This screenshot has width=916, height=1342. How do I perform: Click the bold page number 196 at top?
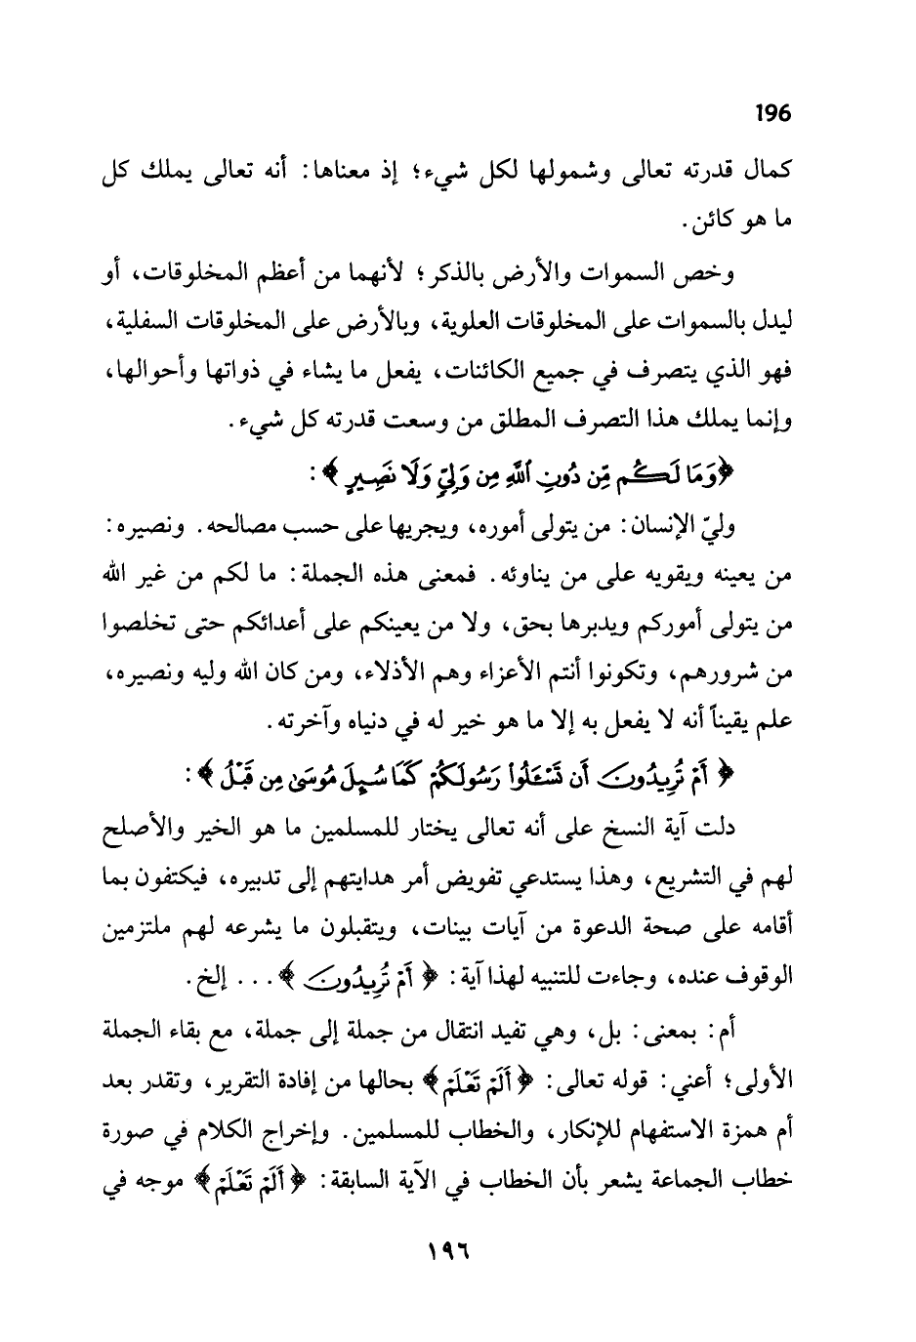click(x=771, y=113)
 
